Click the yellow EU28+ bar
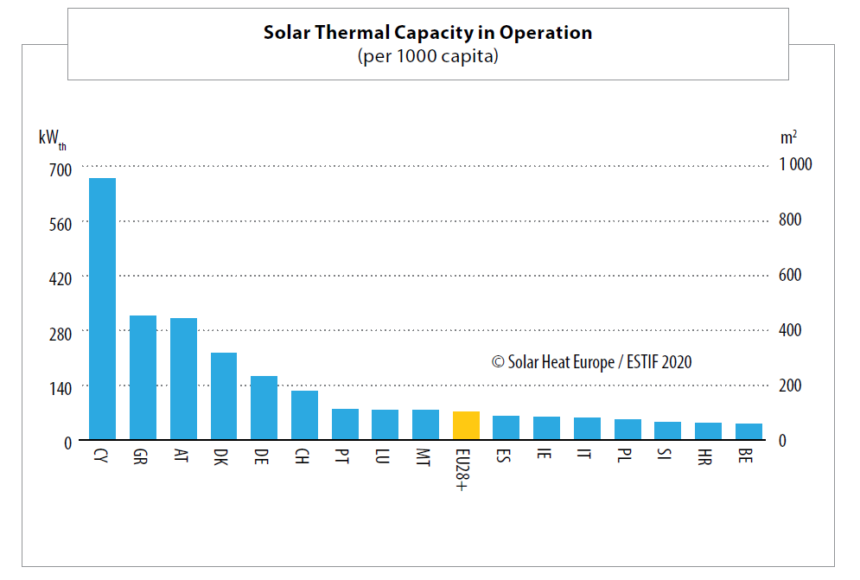click(x=466, y=425)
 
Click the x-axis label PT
click(x=344, y=455)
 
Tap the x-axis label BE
click(x=749, y=455)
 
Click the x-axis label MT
click(x=424, y=456)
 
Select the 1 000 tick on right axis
click(x=794, y=164)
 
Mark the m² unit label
click(x=788, y=137)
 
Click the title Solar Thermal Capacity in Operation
click(x=428, y=33)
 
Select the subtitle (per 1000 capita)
click(x=428, y=56)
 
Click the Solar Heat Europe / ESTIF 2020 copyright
click(x=592, y=362)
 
